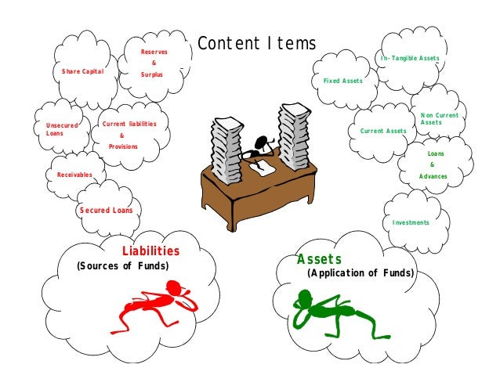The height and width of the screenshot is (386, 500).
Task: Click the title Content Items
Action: [257, 44]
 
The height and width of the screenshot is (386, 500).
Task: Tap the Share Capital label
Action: [82, 71]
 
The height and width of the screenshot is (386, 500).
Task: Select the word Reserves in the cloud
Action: [154, 52]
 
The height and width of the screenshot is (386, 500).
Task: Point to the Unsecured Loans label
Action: [62, 129]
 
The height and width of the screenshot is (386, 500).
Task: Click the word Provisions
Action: [123, 146]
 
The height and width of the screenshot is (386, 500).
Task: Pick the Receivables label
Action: [74, 175]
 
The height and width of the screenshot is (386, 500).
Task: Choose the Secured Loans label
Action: [106, 210]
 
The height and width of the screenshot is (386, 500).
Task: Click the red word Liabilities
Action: [150, 251]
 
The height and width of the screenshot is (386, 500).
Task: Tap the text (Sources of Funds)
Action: [123, 265]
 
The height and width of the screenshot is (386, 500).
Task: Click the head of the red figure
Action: [175, 287]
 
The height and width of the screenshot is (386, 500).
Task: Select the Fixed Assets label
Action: [342, 81]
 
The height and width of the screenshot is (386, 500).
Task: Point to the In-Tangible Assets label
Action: [410, 58]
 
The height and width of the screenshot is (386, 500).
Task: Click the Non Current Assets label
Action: [440, 119]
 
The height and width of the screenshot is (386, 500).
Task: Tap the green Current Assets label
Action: [383, 131]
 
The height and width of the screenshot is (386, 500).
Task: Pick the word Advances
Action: [433, 176]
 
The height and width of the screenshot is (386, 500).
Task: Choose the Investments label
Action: [411, 222]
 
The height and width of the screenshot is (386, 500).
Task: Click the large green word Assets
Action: [319, 259]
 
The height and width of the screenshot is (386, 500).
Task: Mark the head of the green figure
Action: [305, 296]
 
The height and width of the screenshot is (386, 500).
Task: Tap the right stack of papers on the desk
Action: [295, 136]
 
